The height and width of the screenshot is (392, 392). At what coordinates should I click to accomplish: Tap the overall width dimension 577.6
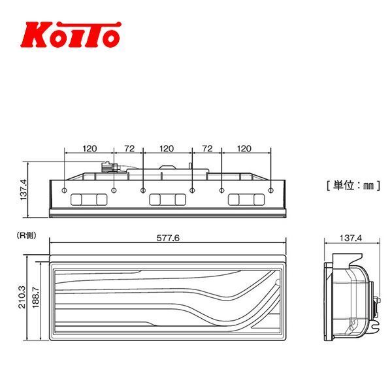pyautogui.click(x=168, y=239)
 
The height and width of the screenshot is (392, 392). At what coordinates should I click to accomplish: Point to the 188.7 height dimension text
pyautogui.click(x=37, y=295)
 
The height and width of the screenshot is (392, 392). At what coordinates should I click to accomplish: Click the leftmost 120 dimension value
pyautogui.click(x=90, y=149)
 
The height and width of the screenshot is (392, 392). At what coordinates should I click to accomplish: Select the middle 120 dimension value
pyautogui.click(x=167, y=149)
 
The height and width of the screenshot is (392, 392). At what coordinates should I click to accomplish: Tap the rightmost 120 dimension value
pyautogui.click(x=244, y=149)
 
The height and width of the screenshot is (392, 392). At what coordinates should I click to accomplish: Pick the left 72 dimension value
pyautogui.click(x=128, y=149)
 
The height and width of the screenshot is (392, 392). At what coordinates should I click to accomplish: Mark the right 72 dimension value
pyautogui.click(x=207, y=149)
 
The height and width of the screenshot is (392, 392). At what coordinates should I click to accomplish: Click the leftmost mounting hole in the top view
pyautogui.click(x=65, y=191)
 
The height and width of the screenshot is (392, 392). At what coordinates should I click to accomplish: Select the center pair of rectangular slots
pyautogui.click(x=167, y=199)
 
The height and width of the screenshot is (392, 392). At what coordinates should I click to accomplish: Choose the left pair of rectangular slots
pyautogui.click(x=90, y=199)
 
